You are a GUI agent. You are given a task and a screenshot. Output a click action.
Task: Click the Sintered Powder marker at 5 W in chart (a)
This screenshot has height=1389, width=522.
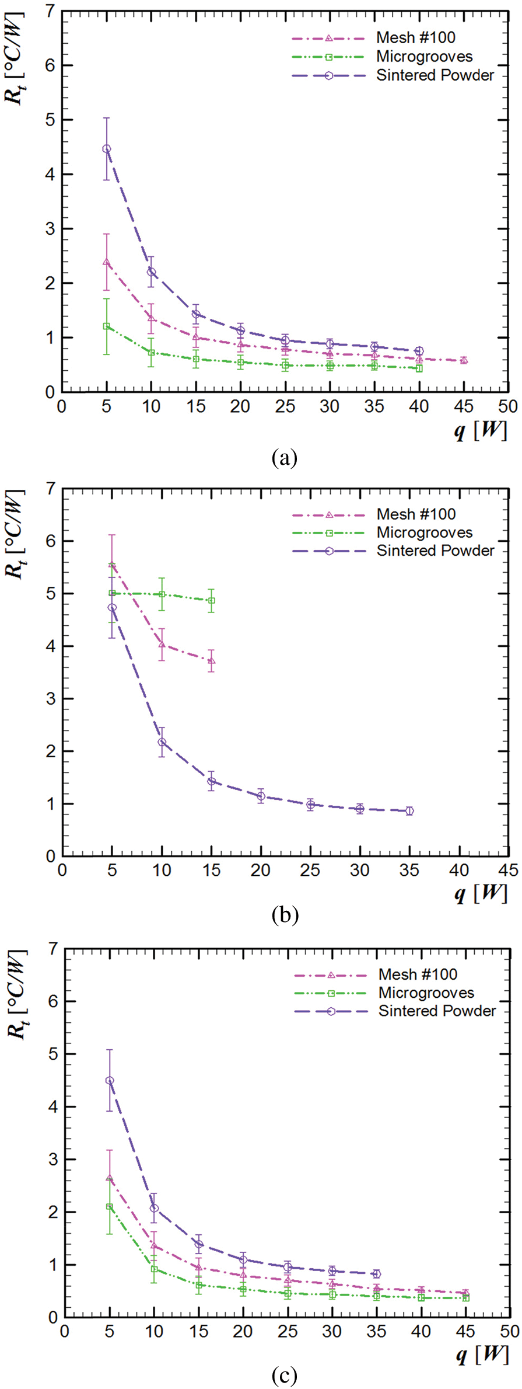(x=107, y=149)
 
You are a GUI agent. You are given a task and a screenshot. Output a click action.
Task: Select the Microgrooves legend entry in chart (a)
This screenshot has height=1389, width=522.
(x=424, y=57)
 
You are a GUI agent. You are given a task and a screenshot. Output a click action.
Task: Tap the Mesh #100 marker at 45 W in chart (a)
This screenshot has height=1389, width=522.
(x=464, y=360)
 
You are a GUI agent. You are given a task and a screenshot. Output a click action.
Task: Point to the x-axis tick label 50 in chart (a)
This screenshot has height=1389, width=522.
(x=508, y=406)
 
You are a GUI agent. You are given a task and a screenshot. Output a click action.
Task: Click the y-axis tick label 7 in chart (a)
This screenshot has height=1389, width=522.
(x=50, y=12)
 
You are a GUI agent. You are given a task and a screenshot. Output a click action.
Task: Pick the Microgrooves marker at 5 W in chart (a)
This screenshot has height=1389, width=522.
(x=107, y=326)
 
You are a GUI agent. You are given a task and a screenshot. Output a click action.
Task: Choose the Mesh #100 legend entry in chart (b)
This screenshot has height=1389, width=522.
(x=416, y=514)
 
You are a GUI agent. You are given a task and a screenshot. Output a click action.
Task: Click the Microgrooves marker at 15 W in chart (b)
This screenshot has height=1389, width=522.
(x=212, y=601)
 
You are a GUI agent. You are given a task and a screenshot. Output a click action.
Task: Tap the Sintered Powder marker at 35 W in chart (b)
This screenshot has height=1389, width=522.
(x=410, y=811)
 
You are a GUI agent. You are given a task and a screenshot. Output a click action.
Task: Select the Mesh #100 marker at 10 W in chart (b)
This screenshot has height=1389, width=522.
(x=162, y=645)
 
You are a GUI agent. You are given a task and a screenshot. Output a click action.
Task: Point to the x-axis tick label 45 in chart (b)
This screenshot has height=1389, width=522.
(x=508, y=871)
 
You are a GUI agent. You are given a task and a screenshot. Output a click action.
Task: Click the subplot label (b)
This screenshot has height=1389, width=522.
(x=285, y=915)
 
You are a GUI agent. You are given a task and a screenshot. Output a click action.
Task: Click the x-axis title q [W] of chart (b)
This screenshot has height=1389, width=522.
(x=481, y=893)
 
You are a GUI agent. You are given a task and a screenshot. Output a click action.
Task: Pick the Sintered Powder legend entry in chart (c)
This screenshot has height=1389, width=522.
(x=437, y=1011)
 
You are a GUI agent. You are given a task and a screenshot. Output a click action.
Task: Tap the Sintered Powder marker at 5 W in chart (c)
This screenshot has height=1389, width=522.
(x=110, y=1081)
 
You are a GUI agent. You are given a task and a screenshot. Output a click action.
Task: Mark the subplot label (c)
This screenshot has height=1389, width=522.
(x=285, y=1376)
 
